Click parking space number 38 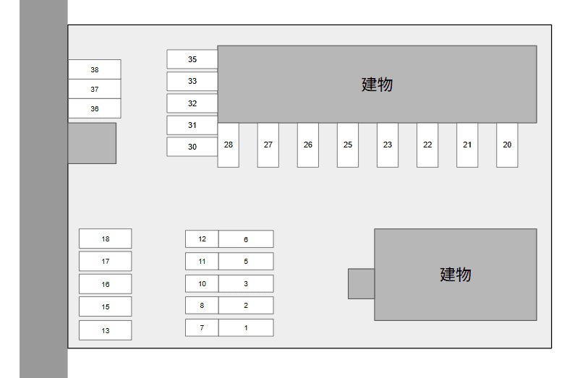[95, 69]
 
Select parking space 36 [95, 108]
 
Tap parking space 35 [192, 59]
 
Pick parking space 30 [192, 147]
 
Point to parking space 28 [229, 145]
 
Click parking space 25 [348, 145]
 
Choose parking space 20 [507, 145]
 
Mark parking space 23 [388, 145]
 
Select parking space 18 [106, 239]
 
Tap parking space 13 [106, 330]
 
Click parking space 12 [202, 239]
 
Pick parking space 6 [246, 239]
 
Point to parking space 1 [246, 327]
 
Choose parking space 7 [202, 327]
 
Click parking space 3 [246, 283]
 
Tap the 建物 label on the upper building [377, 85]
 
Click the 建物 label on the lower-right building [456, 275]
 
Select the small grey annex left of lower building [361, 283]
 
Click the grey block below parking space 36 [92, 143]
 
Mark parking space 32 [192, 103]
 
